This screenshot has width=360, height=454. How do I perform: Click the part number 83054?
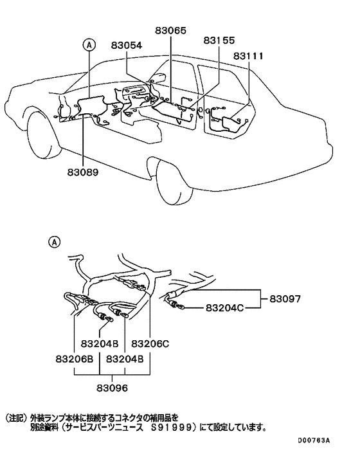(x=126, y=46)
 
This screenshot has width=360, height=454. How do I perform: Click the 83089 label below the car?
(x=83, y=173)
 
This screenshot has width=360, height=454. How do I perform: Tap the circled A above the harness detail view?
(x=55, y=242)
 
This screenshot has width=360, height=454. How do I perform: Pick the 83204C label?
(x=225, y=309)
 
